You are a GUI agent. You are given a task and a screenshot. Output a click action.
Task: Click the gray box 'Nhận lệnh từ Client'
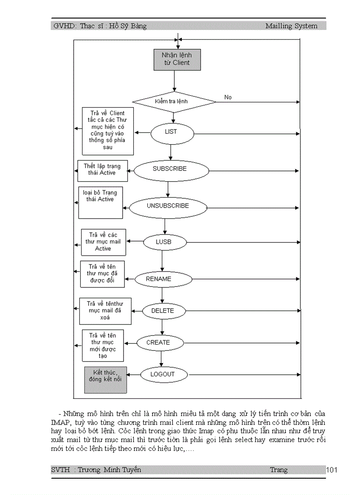[x=177, y=60]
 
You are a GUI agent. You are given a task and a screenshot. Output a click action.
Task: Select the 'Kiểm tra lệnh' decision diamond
[x=174, y=102]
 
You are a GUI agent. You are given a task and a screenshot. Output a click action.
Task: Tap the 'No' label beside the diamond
[x=228, y=97]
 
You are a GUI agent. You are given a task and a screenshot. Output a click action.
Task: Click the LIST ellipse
[x=171, y=132]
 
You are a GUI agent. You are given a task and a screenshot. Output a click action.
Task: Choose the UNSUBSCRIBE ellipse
[x=168, y=206]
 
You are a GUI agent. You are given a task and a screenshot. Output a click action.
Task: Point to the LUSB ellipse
[x=164, y=242]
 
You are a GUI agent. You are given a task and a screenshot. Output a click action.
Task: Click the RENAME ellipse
[x=163, y=279]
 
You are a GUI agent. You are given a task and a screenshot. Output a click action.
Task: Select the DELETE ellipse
[x=163, y=311]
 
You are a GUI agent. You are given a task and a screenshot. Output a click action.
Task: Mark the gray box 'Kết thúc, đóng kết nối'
[x=105, y=380]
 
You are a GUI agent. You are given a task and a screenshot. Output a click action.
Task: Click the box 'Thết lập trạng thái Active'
[x=102, y=171]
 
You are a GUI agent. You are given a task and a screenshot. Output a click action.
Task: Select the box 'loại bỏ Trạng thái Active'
[x=101, y=202]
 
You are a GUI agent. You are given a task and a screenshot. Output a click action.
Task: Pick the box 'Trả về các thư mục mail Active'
[x=103, y=242]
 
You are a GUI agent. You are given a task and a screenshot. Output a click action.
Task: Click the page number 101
[x=332, y=470]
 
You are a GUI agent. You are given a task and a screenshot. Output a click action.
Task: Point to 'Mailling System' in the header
[x=291, y=26]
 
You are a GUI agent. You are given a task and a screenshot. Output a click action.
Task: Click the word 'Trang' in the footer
[x=279, y=470]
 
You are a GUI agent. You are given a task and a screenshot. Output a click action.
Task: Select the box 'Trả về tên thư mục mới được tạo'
[x=102, y=346]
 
